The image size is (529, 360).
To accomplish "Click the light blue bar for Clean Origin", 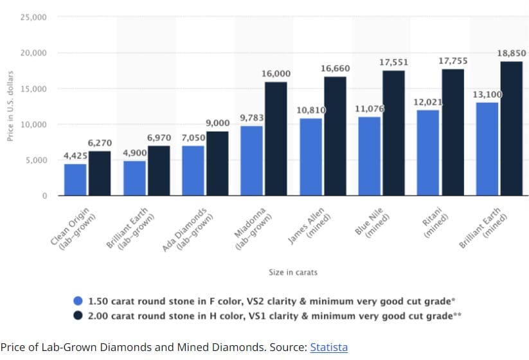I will tap(75, 179).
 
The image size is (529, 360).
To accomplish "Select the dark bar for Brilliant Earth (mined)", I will tap(511, 128).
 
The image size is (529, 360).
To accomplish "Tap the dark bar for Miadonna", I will tap(276, 138).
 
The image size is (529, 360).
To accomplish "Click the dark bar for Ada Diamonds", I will tap(217, 163).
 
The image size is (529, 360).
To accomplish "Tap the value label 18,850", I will tap(512, 53).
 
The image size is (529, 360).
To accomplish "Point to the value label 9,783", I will tap(252, 118).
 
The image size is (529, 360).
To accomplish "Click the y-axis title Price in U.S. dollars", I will tap(10, 106).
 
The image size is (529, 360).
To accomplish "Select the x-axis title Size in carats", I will tap(292, 272).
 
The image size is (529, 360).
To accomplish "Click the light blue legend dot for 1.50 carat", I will tap(78, 300).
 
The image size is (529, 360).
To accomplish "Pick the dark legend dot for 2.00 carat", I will tap(78, 316).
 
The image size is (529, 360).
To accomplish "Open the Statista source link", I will tap(328, 347).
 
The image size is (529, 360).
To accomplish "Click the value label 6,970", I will tap(159, 138).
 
